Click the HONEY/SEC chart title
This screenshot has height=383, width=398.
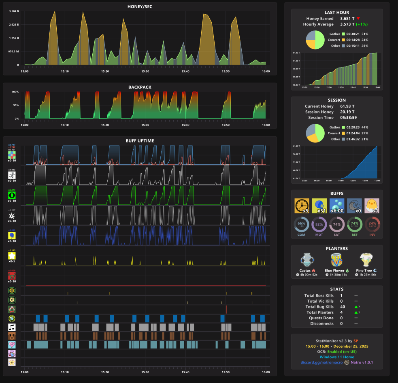point(140,6)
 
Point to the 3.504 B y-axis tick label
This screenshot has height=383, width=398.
point(14,11)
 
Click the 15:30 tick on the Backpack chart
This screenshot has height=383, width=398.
point(145,125)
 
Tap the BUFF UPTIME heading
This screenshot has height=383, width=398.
point(140,141)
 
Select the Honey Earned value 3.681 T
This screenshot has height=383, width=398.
point(347,19)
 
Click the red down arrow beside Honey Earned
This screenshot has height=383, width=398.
point(358,19)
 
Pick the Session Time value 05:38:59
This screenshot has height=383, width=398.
point(347,118)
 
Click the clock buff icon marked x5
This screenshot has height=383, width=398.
point(302,206)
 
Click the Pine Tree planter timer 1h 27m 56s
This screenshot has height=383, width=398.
point(366,275)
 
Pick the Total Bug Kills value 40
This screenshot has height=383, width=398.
point(343,307)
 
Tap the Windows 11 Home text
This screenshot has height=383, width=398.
point(337,357)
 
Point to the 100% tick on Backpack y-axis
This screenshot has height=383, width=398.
point(15,92)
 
